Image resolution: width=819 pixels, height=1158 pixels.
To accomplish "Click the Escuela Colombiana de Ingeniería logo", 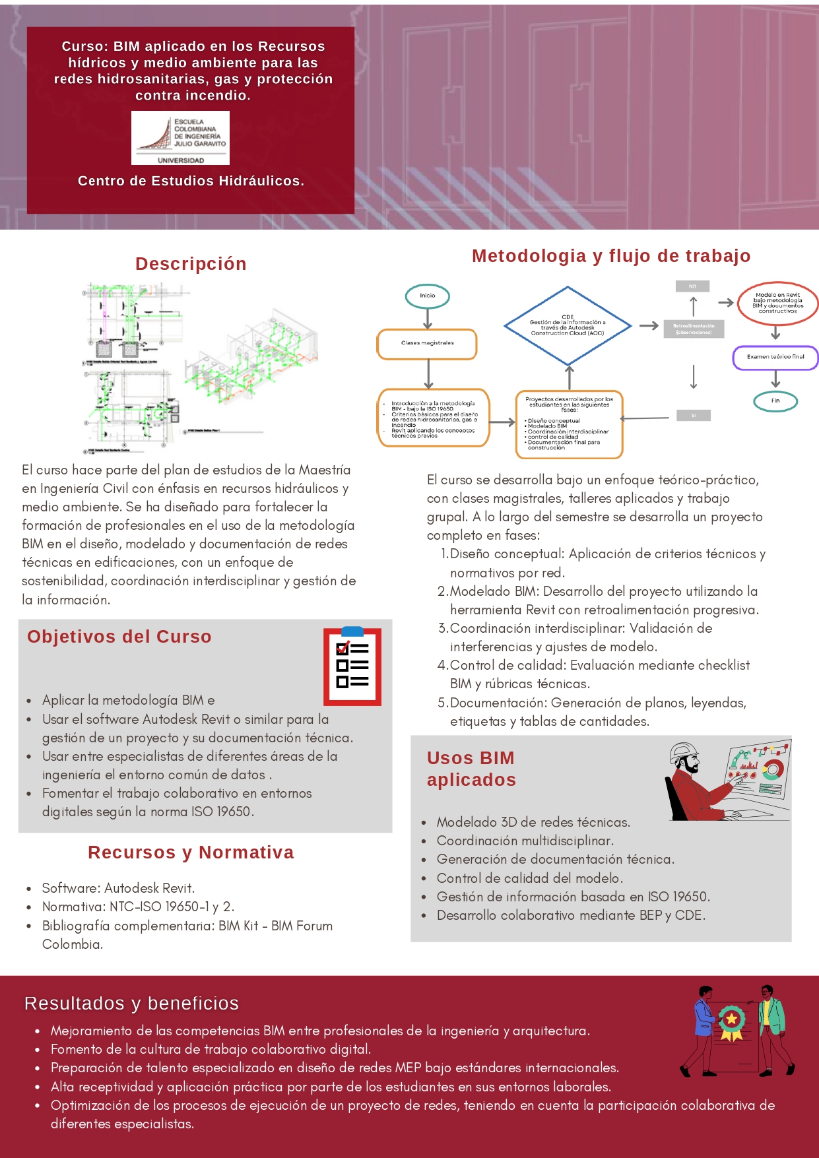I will click(180, 137).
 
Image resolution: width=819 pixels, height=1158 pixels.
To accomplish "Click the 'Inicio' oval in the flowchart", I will click(428, 296).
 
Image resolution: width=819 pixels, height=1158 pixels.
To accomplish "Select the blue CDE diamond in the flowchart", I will click(568, 325).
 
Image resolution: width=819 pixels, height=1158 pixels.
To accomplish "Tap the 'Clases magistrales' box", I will click(427, 344).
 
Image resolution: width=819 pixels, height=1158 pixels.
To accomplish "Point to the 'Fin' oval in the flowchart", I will click(775, 401).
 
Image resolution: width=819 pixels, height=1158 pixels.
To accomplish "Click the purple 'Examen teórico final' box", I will click(775, 357).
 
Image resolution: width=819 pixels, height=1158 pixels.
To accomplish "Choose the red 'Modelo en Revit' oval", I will click(777, 303).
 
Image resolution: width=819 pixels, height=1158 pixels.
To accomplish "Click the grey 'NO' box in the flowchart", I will click(692, 286).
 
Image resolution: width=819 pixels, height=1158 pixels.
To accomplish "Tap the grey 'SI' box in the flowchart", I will click(694, 415).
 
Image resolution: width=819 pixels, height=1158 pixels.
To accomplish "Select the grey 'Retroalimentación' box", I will click(694, 329).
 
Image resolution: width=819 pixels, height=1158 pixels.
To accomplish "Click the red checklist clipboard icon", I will click(352, 666).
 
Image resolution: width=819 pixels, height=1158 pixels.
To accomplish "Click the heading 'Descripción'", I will click(191, 264).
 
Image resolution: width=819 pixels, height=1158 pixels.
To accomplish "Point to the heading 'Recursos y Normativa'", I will click(191, 852).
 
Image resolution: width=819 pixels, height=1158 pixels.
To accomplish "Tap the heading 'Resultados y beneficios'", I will click(131, 1003).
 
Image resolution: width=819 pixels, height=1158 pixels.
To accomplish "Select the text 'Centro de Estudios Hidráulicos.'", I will click(191, 181).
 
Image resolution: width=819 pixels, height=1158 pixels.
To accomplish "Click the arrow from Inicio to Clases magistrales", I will click(428, 318).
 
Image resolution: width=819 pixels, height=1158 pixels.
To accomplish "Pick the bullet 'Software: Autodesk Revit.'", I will click(118, 888).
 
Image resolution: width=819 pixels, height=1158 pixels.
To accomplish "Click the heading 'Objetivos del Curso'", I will click(119, 637).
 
